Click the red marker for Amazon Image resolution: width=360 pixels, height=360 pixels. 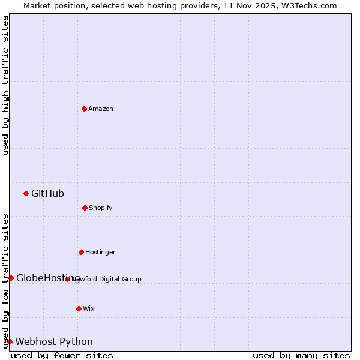84,109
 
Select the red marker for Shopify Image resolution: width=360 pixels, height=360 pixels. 85,208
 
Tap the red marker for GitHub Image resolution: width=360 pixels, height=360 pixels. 26,193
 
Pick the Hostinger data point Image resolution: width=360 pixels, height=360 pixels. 81,252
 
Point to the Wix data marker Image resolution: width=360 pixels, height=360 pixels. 79,308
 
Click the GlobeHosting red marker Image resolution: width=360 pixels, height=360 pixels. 11,278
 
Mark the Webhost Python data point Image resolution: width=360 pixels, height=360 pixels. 10,341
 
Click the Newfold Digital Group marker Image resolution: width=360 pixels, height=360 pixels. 68,279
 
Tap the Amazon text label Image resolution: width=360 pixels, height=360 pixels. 101,109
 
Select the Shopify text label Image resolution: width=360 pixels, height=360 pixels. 101,208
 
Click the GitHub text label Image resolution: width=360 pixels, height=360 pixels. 47,193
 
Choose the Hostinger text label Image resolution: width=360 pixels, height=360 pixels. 100,252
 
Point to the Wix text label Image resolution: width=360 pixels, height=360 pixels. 89,308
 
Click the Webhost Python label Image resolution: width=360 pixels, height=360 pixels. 54,341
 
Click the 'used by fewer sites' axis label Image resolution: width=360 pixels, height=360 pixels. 62,355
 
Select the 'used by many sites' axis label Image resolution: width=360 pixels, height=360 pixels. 301,355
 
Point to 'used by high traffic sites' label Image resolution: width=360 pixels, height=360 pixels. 6,85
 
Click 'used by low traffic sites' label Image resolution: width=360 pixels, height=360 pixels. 6,280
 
